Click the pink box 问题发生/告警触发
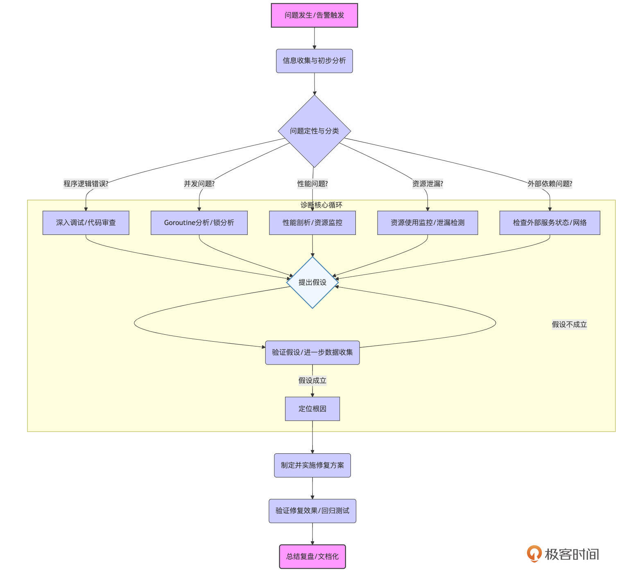[x=314, y=16]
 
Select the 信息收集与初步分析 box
[x=314, y=61]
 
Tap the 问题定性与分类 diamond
[x=314, y=131]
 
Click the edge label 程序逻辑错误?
[x=86, y=184]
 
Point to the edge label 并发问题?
[x=199, y=184]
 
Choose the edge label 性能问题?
[x=312, y=184]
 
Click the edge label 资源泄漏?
[x=427, y=184]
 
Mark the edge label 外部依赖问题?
[x=550, y=184]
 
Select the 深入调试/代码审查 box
[x=86, y=223]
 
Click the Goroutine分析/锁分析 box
[x=199, y=223]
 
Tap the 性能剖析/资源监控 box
[x=312, y=223]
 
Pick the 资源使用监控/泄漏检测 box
[x=427, y=223]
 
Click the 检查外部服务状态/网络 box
[x=550, y=223]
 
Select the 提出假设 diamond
[x=312, y=282]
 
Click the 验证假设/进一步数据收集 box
[x=312, y=352]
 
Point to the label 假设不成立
[x=569, y=324]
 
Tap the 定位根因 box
[x=312, y=409]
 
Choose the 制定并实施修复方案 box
[x=312, y=465]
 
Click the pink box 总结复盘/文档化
[x=312, y=556]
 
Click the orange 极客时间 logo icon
[x=534, y=554]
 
